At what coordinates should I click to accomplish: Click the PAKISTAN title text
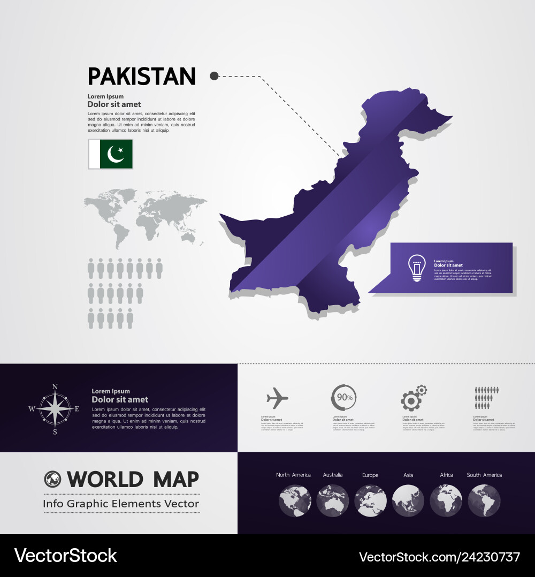pos(142,77)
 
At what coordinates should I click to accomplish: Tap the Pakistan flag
pos(111,154)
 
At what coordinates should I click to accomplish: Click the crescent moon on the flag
pos(115,155)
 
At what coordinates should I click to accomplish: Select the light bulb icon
pos(417,268)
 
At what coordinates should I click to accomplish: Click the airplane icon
pos(277,398)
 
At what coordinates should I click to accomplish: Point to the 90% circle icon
pos(344,397)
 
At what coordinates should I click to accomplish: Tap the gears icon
pos(414,398)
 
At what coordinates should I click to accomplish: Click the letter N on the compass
pos(55,386)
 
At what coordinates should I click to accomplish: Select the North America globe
pos(295,500)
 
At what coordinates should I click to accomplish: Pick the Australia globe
pos(332,500)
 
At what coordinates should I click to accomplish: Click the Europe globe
pos(370,500)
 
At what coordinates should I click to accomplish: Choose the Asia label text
pos(408,475)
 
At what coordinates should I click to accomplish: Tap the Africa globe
pos(446,500)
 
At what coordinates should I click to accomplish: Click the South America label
pos(484,475)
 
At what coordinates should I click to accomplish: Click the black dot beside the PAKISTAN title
pos(214,76)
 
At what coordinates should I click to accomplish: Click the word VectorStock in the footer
pos(65,556)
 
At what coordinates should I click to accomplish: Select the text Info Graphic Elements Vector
pos(121,504)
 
